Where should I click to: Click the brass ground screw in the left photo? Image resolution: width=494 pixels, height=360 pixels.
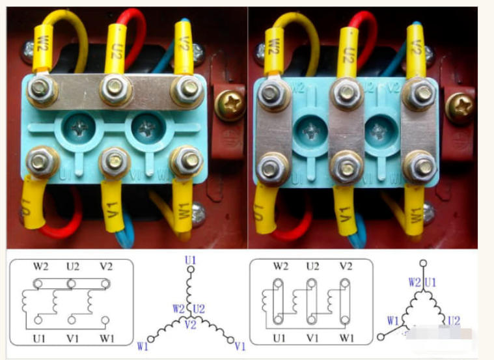tap(231, 100)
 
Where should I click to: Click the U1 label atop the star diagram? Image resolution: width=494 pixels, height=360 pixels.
tap(190, 260)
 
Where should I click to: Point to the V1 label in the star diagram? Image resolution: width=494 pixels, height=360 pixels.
tap(240, 346)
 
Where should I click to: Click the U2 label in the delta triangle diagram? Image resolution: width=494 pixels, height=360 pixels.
tap(453, 320)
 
